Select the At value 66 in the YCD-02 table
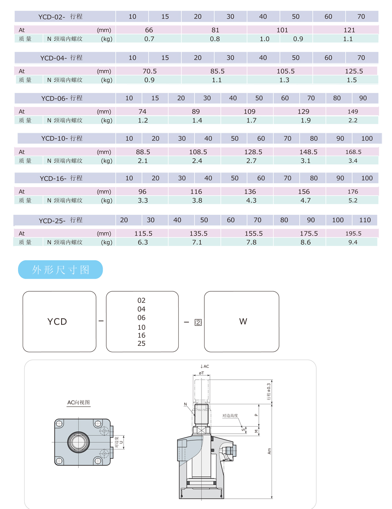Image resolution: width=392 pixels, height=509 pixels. point(149,30)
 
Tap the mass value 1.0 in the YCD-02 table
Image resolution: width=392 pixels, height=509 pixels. point(264,39)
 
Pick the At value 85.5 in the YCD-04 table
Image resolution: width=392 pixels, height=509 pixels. point(217,71)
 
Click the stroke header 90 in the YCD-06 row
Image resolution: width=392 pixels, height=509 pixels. point(363,98)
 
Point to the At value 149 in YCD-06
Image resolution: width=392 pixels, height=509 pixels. point(353,111)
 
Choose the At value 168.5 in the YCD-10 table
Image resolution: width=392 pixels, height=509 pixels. point(353,152)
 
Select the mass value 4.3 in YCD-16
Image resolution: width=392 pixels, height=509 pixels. point(251,200)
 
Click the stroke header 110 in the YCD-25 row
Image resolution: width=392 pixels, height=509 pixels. point(365,220)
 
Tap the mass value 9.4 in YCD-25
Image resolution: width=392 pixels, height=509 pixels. point(353,242)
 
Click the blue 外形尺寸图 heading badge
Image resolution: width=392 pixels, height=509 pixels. point(60,269)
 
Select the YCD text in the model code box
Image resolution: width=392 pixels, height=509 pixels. point(57,322)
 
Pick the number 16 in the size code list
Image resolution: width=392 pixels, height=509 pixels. point(141,335)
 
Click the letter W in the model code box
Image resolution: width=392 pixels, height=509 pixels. point(243,321)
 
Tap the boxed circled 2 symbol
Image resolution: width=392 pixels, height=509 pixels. point(198,323)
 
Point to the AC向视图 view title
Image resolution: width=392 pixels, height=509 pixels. point(78,402)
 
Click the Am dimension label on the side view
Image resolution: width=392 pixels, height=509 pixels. point(269,451)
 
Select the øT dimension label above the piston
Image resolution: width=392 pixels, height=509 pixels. point(201,373)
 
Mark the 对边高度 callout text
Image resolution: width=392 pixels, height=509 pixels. point(230,415)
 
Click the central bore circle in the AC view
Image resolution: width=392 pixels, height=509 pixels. point(78,442)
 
